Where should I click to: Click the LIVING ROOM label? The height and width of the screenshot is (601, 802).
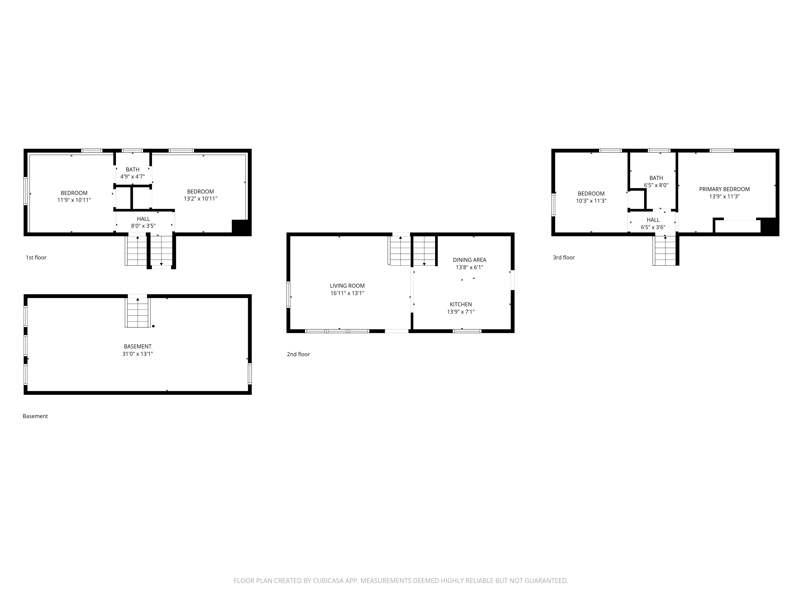tap(347, 286)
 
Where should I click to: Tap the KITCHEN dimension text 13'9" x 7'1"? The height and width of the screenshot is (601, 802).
tap(461, 312)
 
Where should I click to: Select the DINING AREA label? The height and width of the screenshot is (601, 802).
tap(470, 260)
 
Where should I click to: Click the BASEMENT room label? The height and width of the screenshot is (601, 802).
tap(137, 346)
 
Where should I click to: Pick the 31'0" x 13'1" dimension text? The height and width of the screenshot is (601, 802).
tap(137, 354)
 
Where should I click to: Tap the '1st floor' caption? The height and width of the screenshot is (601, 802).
tap(36, 258)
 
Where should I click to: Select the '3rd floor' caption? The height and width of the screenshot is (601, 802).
tap(564, 258)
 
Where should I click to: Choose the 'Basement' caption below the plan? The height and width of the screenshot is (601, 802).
tap(35, 416)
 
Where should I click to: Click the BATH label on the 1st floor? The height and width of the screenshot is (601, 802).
tap(133, 169)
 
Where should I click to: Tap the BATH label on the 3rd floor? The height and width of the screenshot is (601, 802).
tap(656, 178)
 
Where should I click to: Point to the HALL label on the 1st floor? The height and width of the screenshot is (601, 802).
tap(143, 219)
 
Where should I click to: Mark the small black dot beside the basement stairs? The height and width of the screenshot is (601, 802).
tap(153, 326)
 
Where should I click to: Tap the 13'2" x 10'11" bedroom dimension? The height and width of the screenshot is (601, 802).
tap(200, 199)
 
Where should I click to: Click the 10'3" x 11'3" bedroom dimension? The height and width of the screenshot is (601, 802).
tap(591, 201)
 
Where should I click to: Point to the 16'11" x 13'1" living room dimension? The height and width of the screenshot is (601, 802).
tap(347, 293)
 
